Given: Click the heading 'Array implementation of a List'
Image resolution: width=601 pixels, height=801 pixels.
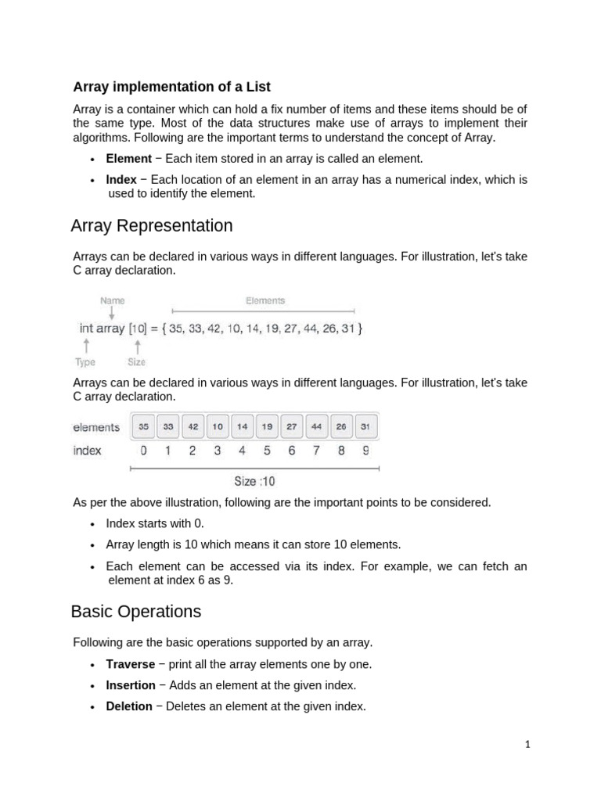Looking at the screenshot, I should coord(171,86).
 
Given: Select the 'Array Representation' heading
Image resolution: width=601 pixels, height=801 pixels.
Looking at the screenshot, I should coord(152,226).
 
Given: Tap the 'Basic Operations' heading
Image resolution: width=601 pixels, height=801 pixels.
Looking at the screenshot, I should coord(136,611).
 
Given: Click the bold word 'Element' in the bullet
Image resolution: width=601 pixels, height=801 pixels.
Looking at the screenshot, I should coord(128,159).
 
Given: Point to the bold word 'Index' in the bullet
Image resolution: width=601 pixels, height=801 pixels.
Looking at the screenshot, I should coord(121,180).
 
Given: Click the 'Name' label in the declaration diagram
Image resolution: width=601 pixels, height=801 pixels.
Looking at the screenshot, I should coord(112,300).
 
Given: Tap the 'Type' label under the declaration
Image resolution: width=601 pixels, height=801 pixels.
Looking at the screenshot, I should coord(85,362).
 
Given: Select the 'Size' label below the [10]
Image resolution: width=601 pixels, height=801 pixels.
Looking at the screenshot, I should coord(136,362).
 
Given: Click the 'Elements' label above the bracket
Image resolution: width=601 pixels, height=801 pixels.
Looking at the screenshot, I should coord(265,300).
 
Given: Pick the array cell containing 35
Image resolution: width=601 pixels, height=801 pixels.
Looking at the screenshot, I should coord(143,427).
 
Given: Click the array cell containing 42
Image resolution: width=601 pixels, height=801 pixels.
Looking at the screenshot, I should coord(193,427).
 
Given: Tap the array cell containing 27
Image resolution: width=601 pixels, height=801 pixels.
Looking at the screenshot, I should coord(292,427).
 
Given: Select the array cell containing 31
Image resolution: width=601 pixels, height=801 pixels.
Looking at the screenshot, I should coord(365,427).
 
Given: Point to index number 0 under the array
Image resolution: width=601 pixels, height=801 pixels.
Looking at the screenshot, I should coord(143,451).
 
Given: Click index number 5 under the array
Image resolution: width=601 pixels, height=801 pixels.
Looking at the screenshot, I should coord(267,451).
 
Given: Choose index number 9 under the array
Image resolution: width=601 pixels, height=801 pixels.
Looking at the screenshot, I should coord(366,451).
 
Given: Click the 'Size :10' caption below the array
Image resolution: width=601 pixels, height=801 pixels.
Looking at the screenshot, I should coord(254,482).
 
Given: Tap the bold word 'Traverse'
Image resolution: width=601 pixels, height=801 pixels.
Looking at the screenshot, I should coord(130,664).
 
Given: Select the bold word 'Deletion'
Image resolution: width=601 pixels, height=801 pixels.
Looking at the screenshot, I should coord(129,706).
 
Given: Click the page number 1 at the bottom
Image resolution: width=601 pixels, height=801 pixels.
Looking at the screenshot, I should coord(527,745).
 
